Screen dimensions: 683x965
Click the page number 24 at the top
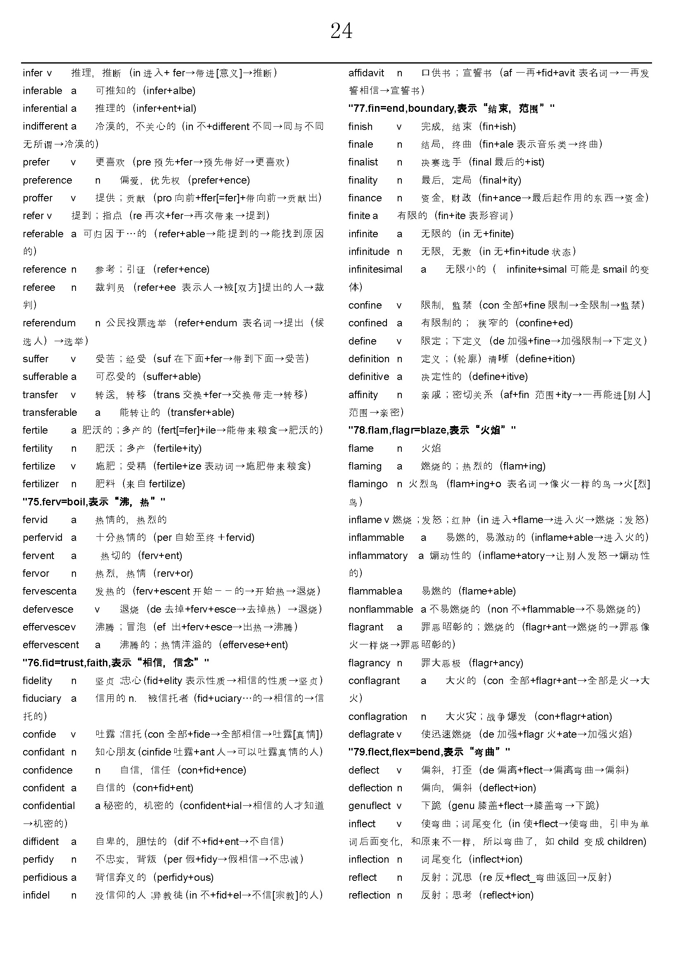click(341, 31)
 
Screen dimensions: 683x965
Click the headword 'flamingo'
click(368, 484)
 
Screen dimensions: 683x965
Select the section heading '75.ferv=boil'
click(93, 501)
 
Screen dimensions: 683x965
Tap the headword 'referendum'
click(49, 323)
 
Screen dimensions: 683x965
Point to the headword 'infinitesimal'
click(375, 269)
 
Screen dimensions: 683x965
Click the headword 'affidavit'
click(366, 73)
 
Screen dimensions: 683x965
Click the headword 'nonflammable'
click(381, 609)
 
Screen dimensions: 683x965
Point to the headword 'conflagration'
click(378, 716)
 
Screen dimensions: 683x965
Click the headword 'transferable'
click(50, 412)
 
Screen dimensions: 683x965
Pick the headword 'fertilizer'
click(40, 484)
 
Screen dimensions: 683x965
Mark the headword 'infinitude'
click(369, 251)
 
